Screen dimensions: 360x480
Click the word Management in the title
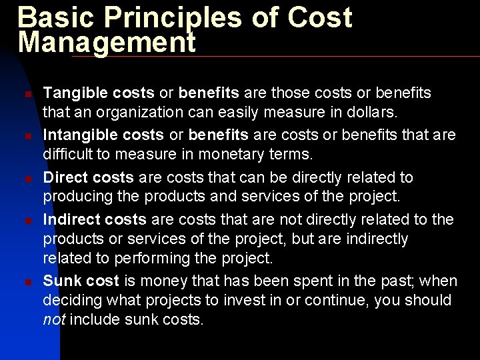(x=107, y=42)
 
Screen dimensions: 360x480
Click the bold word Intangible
(x=78, y=135)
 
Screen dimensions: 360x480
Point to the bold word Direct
(x=65, y=177)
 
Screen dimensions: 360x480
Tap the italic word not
(x=53, y=319)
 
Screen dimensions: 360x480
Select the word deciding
(x=69, y=300)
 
